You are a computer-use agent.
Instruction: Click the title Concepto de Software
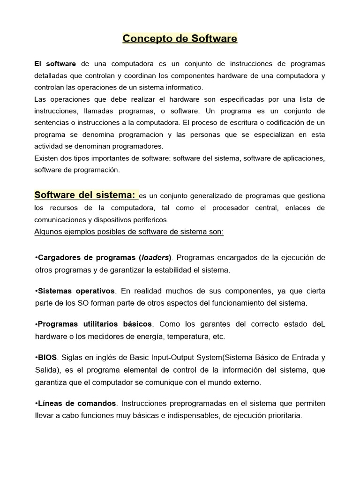click(x=180, y=38)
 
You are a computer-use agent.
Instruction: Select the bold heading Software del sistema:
click(x=86, y=194)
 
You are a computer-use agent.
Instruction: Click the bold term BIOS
click(x=47, y=358)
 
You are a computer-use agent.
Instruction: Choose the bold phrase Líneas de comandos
click(x=76, y=403)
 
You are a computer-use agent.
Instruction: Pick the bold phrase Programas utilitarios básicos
click(x=94, y=324)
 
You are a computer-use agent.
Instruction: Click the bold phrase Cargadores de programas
click(x=86, y=257)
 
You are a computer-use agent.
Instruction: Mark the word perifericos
click(x=147, y=219)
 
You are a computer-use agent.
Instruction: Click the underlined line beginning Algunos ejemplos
click(x=129, y=232)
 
